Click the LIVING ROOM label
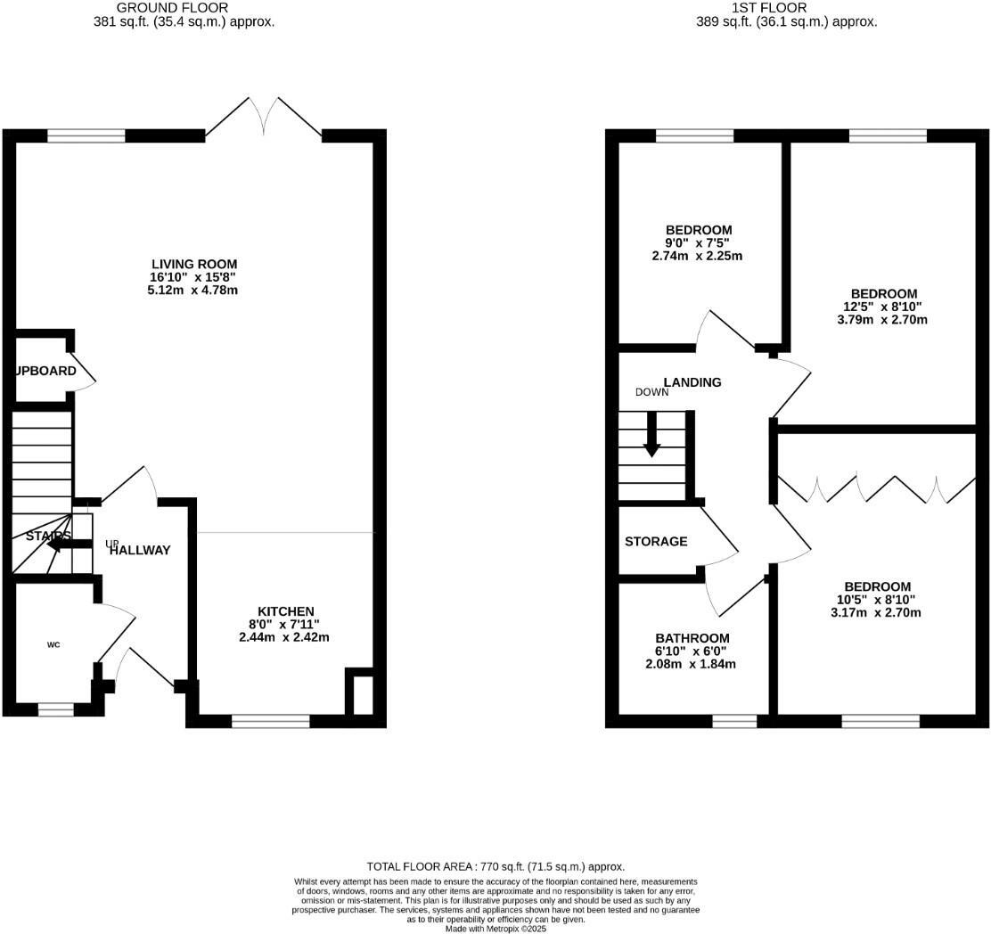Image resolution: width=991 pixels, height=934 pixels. [194, 264]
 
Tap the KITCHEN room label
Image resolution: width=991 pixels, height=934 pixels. [284, 611]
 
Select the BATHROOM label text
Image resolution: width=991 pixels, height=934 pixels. [692, 638]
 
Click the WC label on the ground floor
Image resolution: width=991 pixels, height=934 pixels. [53, 644]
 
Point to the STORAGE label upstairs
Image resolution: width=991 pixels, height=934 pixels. [656, 541]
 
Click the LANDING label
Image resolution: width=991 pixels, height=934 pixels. [692, 382]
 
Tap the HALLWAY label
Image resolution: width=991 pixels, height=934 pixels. [140, 550]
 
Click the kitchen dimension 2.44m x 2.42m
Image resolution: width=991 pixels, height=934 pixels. [284, 637]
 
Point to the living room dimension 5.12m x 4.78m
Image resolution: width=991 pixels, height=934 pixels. [194, 290]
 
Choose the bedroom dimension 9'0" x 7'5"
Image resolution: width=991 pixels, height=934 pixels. [698, 243]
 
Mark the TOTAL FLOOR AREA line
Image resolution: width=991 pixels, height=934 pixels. [495, 866]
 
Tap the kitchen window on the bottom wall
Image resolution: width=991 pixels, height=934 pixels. [270, 721]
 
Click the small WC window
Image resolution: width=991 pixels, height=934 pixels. [55, 709]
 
